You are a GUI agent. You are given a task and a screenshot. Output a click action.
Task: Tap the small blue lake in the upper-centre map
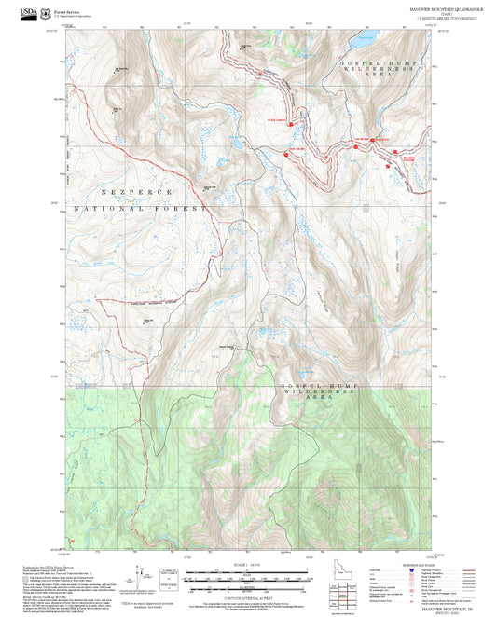239,145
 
